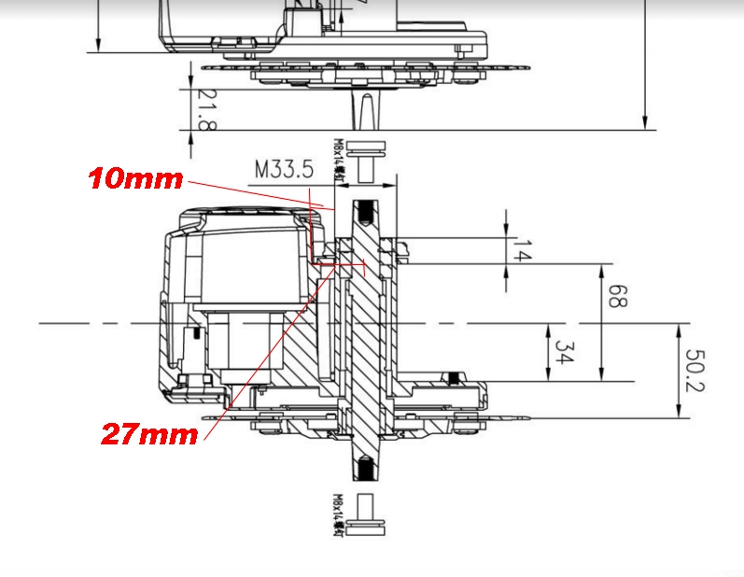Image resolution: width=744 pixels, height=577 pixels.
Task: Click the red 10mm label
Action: tap(135, 179)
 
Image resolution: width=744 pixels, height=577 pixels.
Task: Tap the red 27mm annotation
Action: tap(148, 433)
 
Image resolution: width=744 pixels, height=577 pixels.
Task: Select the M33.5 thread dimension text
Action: tap(285, 170)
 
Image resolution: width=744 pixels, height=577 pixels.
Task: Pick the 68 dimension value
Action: tap(616, 297)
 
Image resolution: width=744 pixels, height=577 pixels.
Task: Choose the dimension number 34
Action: tap(562, 353)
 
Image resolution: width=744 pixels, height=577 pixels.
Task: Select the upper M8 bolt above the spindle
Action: tap(366, 157)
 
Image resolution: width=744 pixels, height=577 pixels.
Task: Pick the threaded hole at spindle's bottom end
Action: tap(365, 467)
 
